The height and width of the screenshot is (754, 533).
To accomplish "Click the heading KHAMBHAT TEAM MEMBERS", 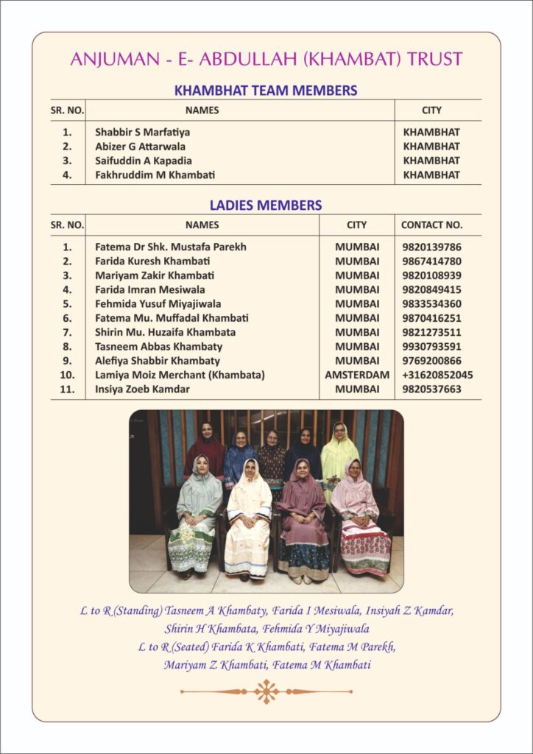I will pyautogui.click(x=266, y=91).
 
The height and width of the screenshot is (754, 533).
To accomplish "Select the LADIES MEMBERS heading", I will pyautogui.click(x=266, y=205).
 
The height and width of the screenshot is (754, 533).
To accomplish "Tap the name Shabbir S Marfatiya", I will pyautogui.click(x=142, y=133).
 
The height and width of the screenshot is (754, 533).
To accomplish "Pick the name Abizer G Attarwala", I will pyautogui.click(x=140, y=147).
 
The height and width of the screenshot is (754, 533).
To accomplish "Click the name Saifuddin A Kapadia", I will pyautogui.click(x=143, y=161).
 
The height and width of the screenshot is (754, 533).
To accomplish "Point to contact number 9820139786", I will pyautogui.click(x=432, y=247).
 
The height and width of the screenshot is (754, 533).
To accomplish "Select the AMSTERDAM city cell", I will pyautogui.click(x=357, y=375).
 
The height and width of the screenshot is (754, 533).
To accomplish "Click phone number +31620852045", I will pyautogui.click(x=437, y=375).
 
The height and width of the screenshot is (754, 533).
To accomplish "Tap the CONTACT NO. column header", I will pyautogui.click(x=431, y=225).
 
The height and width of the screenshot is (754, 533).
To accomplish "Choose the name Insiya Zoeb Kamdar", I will pyautogui.click(x=142, y=389).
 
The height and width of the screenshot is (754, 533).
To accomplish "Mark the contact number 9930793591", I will pyautogui.click(x=432, y=346).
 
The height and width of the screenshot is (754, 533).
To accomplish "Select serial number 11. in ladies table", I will pyautogui.click(x=67, y=389).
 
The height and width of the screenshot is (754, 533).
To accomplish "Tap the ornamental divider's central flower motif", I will pyautogui.click(x=266, y=691).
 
